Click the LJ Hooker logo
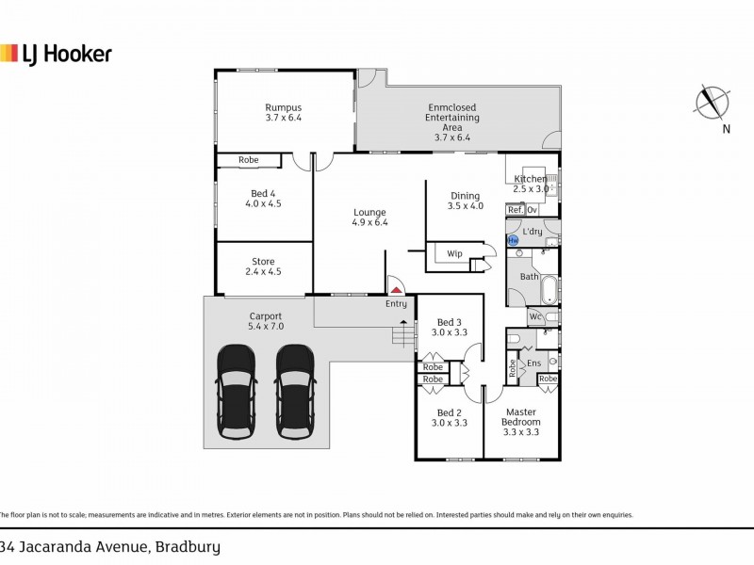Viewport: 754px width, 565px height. click(x=57, y=54)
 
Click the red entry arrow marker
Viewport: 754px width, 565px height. click(x=397, y=291)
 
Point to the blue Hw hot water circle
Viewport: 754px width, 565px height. click(x=514, y=241)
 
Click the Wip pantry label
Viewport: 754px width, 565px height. click(x=453, y=253)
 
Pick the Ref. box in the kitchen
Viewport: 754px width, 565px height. click(x=515, y=209)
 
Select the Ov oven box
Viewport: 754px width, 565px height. click(x=533, y=209)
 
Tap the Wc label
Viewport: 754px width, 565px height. click(x=533, y=317)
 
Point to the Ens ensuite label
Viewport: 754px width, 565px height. click(x=533, y=363)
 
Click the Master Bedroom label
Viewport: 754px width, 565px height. click(x=520, y=417)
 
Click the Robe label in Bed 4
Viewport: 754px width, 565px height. click(x=248, y=160)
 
